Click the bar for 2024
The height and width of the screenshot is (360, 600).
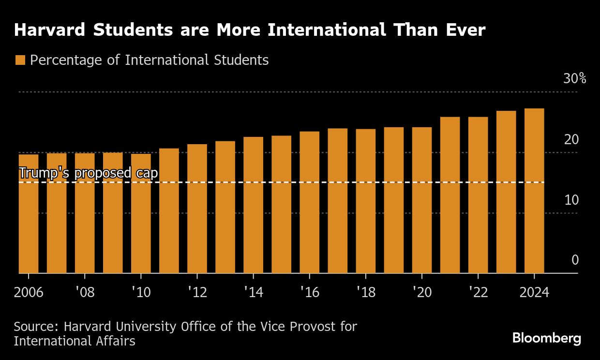[534, 191]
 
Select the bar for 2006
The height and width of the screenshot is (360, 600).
[29, 214]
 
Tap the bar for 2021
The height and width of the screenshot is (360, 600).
[450, 195]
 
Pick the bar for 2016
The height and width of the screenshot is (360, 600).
[309, 203]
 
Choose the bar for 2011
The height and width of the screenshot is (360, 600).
[169, 211]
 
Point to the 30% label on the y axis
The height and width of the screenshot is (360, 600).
[574, 79]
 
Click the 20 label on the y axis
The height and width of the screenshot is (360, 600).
[571, 140]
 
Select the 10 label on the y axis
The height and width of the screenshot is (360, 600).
[571, 200]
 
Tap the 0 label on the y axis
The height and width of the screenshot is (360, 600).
[575, 260]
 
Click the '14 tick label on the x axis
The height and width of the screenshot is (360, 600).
[253, 293]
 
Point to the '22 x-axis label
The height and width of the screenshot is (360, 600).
[478, 293]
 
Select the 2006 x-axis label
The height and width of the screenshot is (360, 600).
[29, 293]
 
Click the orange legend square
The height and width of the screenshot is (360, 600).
[20, 60]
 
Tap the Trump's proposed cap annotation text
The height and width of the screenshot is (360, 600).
[88, 173]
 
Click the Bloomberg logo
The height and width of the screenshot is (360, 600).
[546, 338]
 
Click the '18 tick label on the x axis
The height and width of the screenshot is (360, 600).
[366, 293]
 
